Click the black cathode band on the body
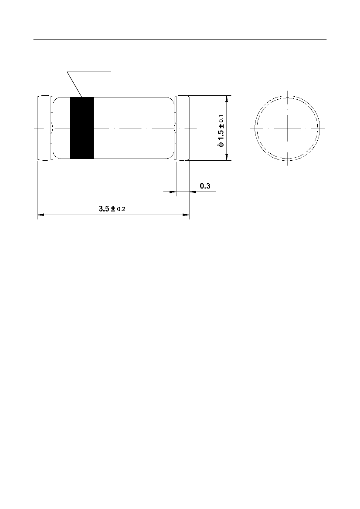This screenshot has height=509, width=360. pyautogui.click(x=82, y=128)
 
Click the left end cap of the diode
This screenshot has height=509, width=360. pyautogui.click(x=45, y=128)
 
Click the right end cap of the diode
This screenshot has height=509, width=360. pyautogui.click(x=182, y=128)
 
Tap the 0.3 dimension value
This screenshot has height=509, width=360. pyautogui.click(x=205, y=186)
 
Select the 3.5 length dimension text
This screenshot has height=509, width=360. pyautogui.click(x=104, y=209)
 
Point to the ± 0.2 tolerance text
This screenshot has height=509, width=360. pyautogui.click(x=118, y=209)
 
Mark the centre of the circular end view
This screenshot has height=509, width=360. pyautogui.click(x=287, y=128)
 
